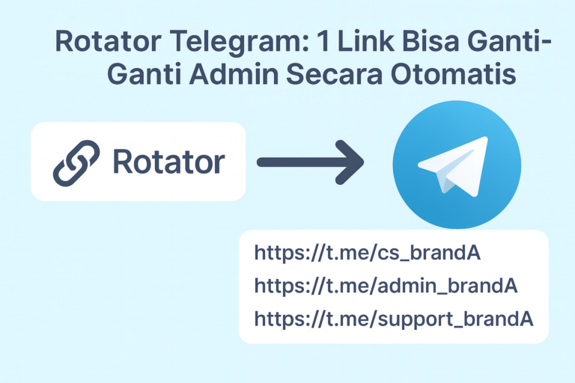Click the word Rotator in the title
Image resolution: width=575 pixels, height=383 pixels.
pos(103,42)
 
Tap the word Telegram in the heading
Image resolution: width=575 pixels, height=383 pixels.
pos(225,42)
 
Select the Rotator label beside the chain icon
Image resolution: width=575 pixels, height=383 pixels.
pos(168,162)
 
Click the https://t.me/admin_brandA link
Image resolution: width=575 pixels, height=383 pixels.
pos(386,285)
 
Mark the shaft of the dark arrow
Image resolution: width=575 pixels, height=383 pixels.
pos(296,162)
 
